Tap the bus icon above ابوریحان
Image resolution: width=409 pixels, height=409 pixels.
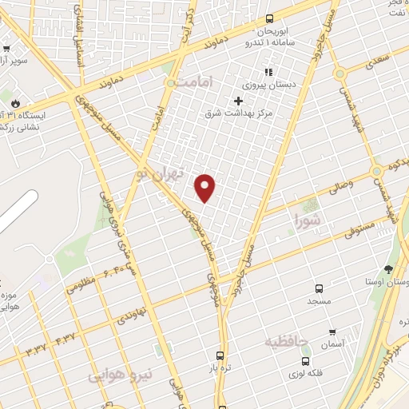coord(268,18)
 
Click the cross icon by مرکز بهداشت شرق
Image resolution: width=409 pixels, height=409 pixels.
coord(237,101)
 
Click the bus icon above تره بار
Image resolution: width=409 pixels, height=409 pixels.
coord(221,357)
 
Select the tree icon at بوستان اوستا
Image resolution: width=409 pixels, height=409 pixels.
coord(389,269)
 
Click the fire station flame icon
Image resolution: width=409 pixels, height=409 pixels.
coord(14,103)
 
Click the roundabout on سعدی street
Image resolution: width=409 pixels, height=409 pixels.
coord(340,73)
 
